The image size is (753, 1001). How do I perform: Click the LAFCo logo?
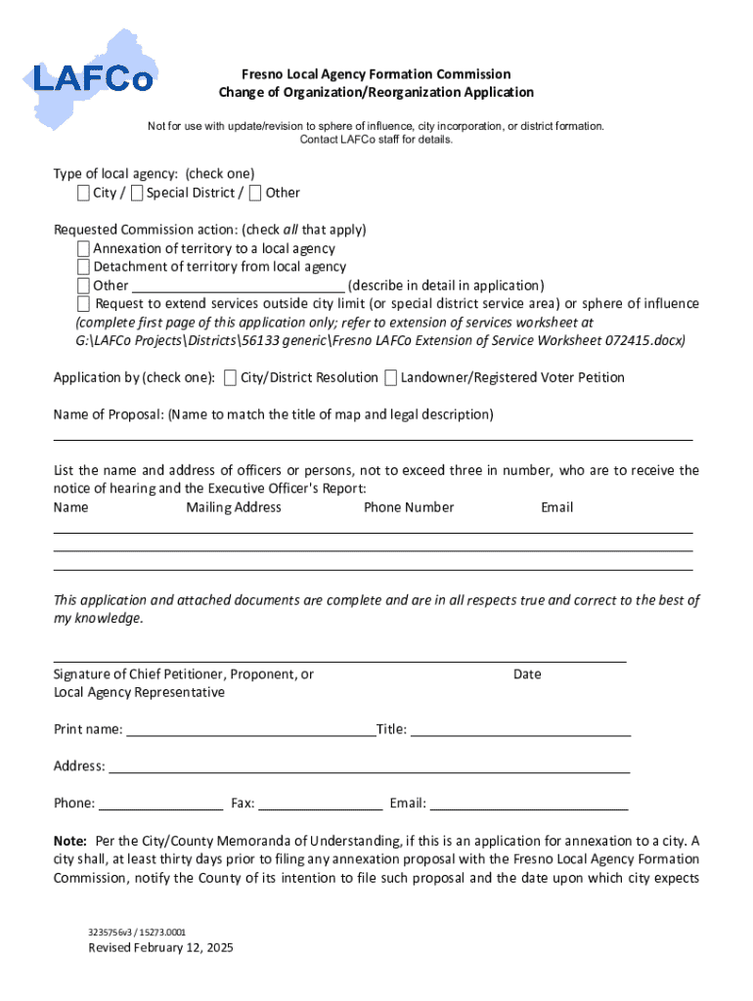pyautogui.click(x=93, y=73)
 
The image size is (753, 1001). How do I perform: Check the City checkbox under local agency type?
pyautogui.click(x=84, y=193)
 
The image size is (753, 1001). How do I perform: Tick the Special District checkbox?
pyautogui.click(x=137, y=193)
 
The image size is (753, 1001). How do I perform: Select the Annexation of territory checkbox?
pyautogui.click(x=83, y=249)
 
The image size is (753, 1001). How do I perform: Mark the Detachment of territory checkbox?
pyautogui.click(x=83, y=267)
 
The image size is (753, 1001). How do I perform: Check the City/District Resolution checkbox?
pyautogui.click(x=230, y=377)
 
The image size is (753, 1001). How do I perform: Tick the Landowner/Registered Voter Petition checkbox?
pyautogui.click(x=390, y=377)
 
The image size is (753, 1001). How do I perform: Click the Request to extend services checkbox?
pyautogui.click(x=83, y=304)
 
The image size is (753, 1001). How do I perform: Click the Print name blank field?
pyautogui.click(x=250, y=730)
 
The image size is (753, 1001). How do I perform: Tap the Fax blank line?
pyautogui.click(x=321, y=805)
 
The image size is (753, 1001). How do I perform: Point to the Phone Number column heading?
pyautogui.click(x=409, y=507)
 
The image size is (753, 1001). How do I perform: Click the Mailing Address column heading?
pyautogui.click(x=234, y=507)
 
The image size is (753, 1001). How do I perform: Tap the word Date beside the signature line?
pyautogui.click(x=527, y=675)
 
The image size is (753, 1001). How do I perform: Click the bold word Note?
pyautogui.click(x=69, y=841)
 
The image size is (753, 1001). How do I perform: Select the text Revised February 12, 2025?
pyautogui.click(x=160, y=948)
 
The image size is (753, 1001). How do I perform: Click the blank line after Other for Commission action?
pyautogui.click(x=238, y=286)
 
